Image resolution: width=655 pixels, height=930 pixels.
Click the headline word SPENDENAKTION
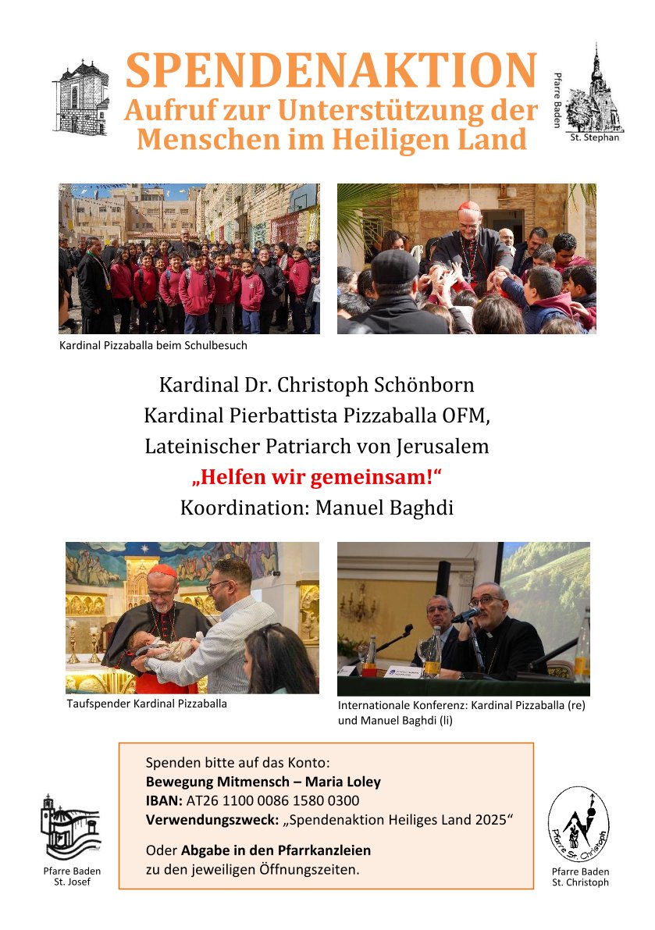point(331,72)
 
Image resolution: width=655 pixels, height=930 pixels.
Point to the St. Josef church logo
point(70,827)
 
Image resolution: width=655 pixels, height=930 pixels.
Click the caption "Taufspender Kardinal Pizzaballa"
point(148,704)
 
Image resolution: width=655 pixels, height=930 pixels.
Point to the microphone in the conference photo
point(465,616)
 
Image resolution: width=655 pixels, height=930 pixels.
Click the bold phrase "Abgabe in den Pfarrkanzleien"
point(276,850)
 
